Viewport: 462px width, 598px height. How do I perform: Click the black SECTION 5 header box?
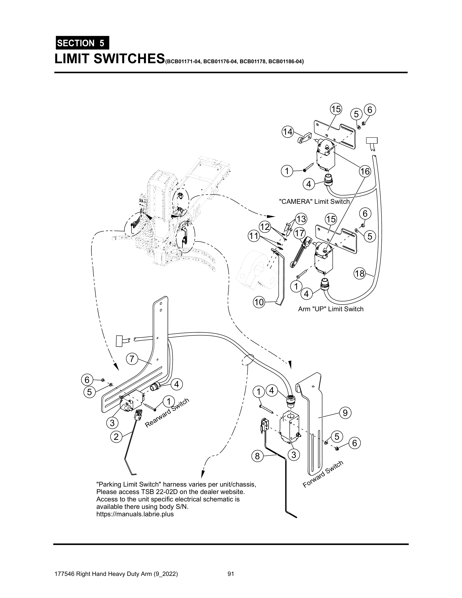coord(82,43)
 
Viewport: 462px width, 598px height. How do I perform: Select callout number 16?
coord(365,172)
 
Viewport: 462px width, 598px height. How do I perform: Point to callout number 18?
coord(360,273)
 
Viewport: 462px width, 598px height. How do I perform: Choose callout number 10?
coord(259,302)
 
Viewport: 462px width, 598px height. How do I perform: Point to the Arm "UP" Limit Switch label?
coord(330,309)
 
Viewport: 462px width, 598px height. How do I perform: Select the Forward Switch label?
coord(323,474)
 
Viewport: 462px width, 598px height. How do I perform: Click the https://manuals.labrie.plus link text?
coord(135,514)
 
